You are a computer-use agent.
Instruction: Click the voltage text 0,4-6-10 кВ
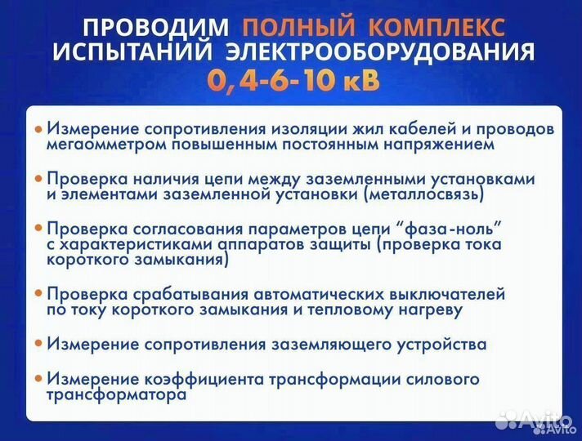click(293, 82)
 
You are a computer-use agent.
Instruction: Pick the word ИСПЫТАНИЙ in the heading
click(127, 53)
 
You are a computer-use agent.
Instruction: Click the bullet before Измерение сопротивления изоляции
click(38, 130)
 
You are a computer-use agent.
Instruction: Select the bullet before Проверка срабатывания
click(38, 294)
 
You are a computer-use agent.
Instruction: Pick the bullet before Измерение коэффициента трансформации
click(38, 379)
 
